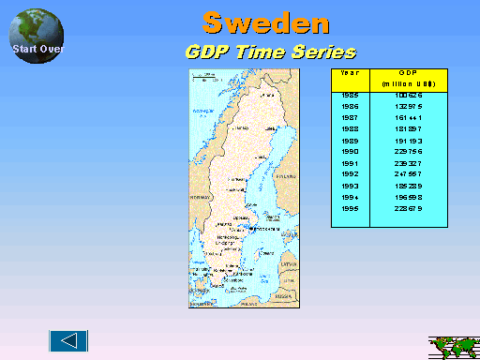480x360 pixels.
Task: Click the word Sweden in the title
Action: coord(265,21)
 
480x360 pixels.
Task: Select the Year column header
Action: coord(350,72)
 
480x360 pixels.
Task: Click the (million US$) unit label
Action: coord(409,84)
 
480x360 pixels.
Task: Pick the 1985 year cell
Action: coord(350,96)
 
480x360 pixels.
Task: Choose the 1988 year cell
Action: coord(350,129)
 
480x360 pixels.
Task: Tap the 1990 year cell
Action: coord(350,152)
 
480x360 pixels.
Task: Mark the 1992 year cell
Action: coord(350,174)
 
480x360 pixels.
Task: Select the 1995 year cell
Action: coord(350,208)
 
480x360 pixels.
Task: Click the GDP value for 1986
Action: coord(409,107)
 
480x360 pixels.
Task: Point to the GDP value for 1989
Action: coord(409,141)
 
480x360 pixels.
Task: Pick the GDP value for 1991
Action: coord(409,163)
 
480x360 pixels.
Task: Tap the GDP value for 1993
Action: coord(409,186)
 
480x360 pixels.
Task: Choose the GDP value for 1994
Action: coord(409,197)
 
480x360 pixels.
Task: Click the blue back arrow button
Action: coord(68,340)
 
